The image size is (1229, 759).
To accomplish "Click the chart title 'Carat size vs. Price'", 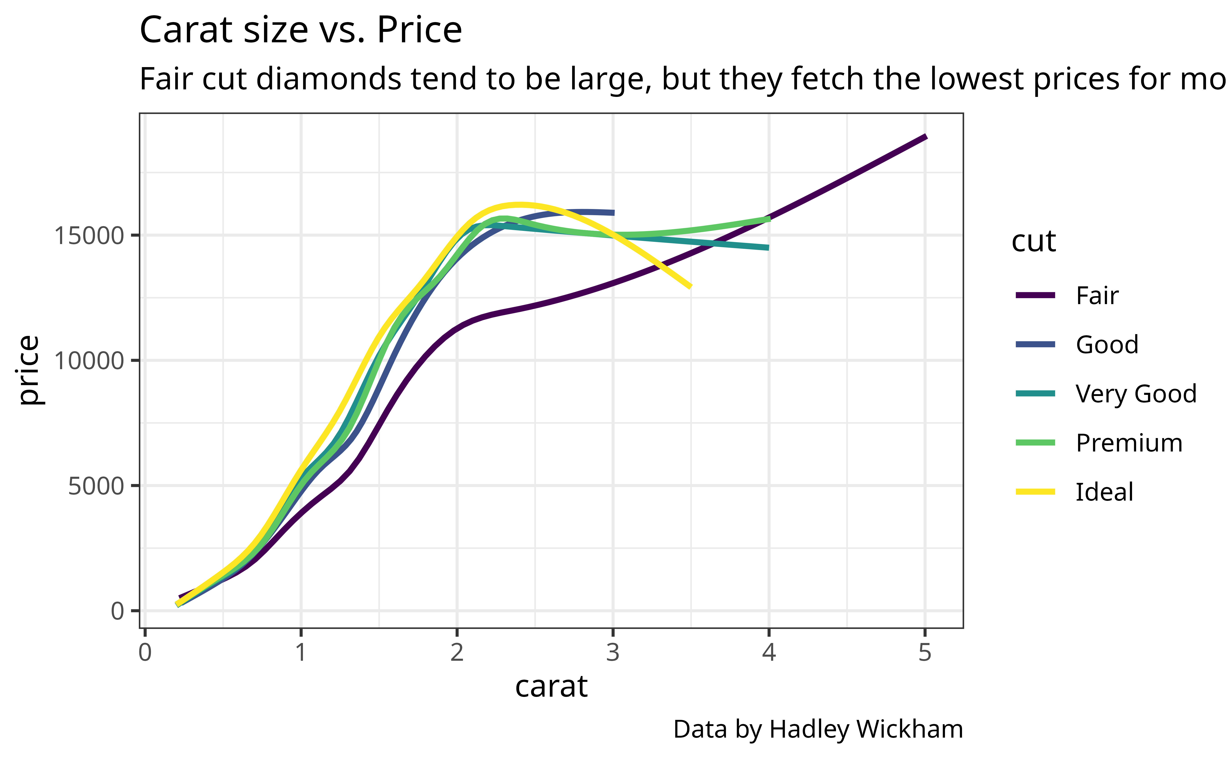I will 300,30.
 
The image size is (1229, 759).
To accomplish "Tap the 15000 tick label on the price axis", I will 88,235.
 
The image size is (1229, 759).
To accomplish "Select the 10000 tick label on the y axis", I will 88,361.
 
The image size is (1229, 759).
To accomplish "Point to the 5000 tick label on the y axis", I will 95,486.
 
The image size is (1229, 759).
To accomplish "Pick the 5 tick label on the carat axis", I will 925,653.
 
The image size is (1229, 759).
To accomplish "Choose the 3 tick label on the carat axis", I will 613,653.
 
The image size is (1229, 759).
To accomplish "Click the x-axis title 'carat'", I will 551,686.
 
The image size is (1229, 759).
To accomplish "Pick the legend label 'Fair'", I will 1097,295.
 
